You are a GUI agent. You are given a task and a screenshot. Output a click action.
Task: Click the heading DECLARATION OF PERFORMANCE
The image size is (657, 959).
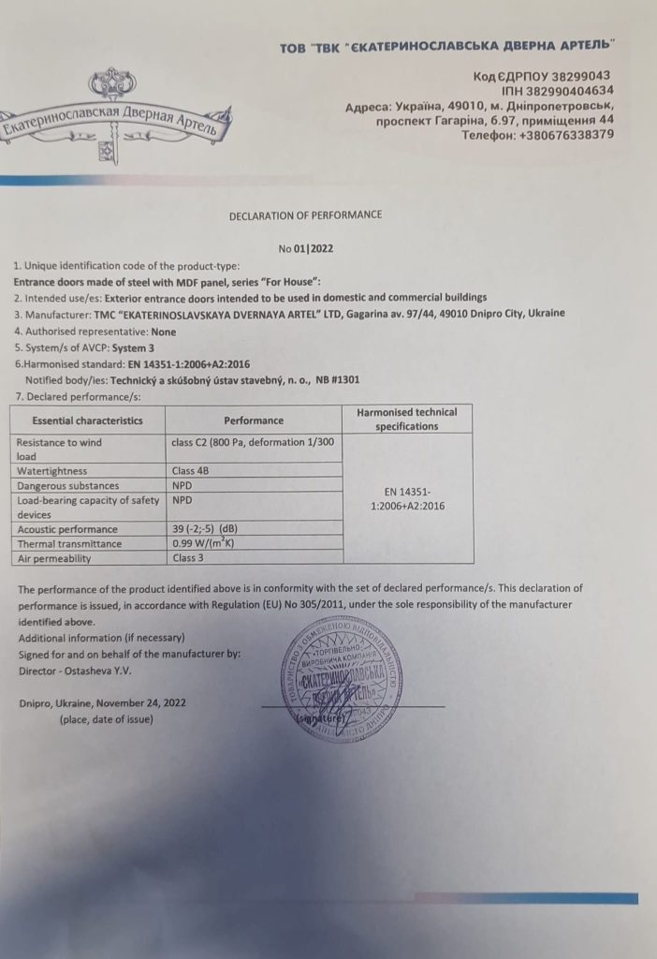click(305, 214)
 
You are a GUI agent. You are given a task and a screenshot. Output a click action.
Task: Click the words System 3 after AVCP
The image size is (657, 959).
click(134, 347)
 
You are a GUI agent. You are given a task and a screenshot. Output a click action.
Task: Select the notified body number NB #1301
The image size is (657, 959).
click(334, 380)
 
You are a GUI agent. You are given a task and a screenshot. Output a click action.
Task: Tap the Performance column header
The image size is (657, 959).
click(254, 420)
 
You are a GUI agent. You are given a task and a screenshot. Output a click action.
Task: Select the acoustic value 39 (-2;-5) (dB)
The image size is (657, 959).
click(211, 529)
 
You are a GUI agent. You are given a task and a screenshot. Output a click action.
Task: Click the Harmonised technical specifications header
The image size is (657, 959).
click(407, 419)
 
